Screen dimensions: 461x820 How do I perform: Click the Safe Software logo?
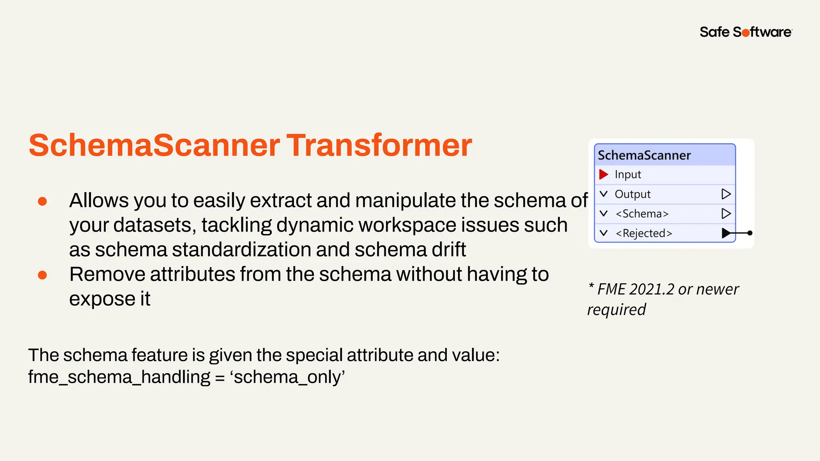point(746,32)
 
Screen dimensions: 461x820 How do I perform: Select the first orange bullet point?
point(42,201)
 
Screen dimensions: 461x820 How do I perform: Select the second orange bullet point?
point(42,275)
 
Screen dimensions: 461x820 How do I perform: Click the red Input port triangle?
point(603,174)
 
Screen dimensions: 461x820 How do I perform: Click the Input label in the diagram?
point(628,174)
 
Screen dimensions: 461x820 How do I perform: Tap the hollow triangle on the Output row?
point(726,194)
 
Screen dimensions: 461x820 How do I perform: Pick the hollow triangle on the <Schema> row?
point(726,214)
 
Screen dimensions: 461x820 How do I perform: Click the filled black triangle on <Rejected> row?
point(726,233)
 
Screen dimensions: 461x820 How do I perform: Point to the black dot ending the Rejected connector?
point(750,233)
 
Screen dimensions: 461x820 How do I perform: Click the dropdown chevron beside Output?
point(603,194)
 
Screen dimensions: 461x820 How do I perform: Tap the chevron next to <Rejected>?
point(603,233)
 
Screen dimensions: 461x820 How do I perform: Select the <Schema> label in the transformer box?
point(642,214)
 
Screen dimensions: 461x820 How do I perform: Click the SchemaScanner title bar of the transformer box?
point(665,155)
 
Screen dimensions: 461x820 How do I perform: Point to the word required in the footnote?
point(617,310)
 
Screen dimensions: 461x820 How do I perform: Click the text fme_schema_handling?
point(119,377)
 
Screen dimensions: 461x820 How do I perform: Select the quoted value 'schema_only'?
point(287,377)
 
